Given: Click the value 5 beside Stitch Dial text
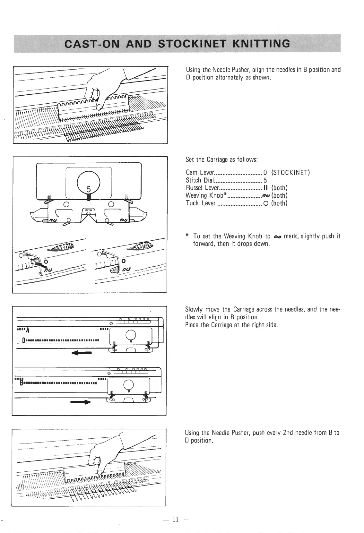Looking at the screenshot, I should [x=265, y=181].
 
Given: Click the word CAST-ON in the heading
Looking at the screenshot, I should [x=87, y=43].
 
